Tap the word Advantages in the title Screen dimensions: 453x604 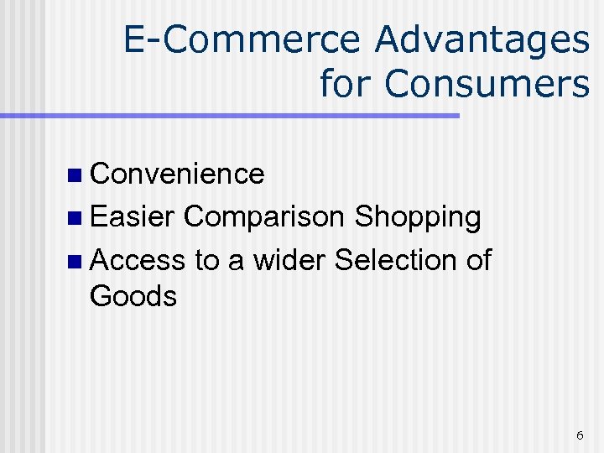coord(482,41)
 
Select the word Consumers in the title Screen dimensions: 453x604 coord(487,84)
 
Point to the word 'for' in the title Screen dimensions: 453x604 coord(347,84)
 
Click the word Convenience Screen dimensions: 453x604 coord(177,174)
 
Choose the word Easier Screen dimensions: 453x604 coord(133,216)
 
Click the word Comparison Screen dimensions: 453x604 coord(263,216)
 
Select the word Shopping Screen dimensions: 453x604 coord(417,218)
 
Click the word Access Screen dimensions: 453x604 coord(137,260)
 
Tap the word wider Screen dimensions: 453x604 coord(289,260)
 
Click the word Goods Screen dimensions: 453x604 coord(133,296)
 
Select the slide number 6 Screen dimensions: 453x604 coord(580,435)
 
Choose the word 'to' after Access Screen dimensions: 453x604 coord(206,260)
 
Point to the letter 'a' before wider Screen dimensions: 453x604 coord(236,262)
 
